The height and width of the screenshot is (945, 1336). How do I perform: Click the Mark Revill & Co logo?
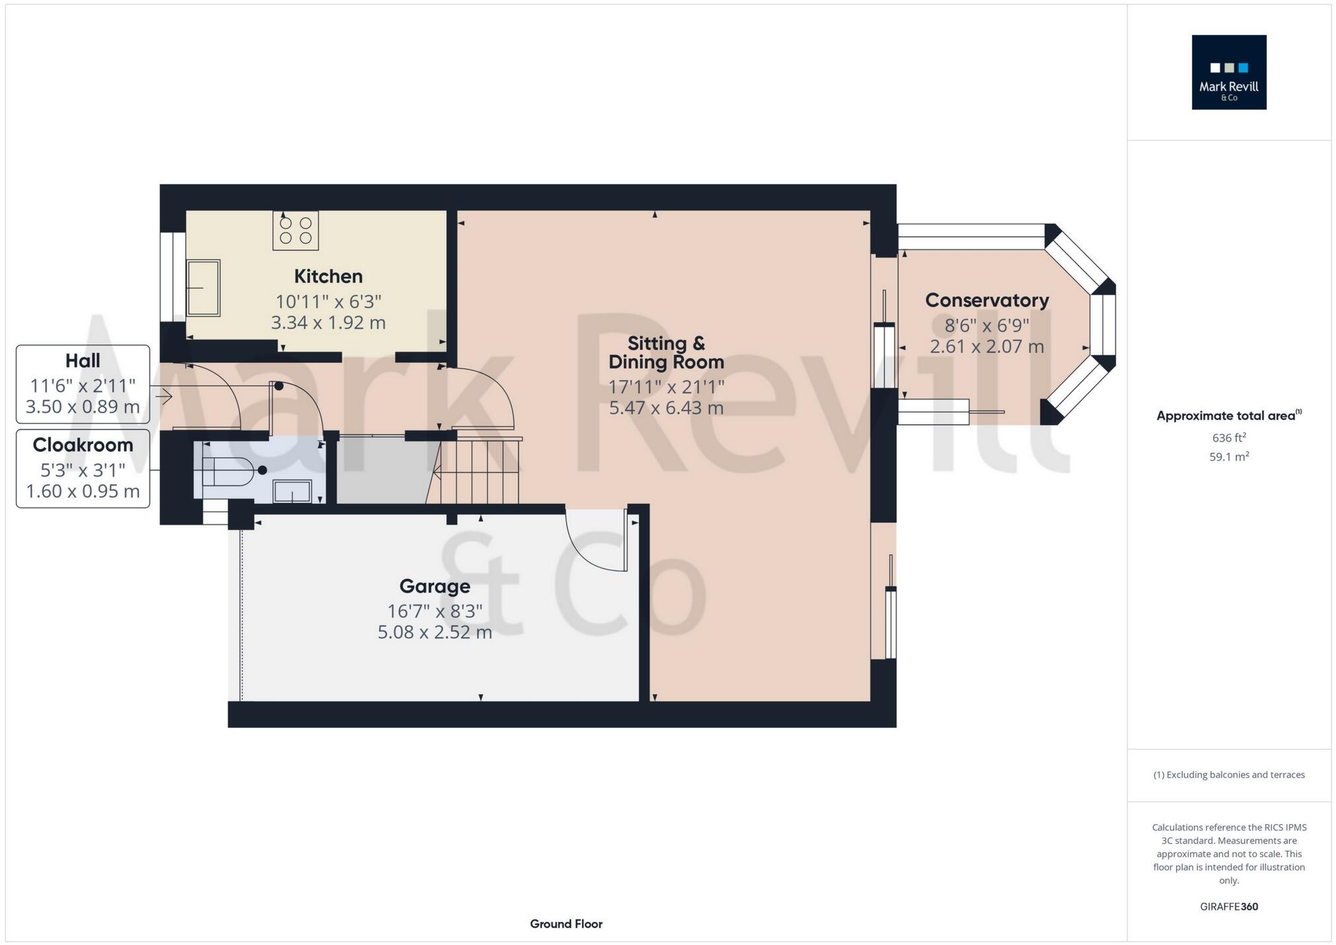(x=1228, y=72)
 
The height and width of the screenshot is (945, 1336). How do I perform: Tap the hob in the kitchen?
(x=296, y=230)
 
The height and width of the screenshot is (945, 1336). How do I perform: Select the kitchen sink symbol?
(x=203, y=288)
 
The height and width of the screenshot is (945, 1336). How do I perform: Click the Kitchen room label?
(x=328, y=276)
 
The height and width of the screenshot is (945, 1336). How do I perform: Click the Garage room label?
(x=434, y=586)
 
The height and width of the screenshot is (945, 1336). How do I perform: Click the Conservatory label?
(x=987, y=300)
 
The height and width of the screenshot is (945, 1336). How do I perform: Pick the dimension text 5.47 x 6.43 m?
(x=666, y=408)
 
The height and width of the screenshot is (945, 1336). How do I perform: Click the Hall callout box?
(x=83, y=383)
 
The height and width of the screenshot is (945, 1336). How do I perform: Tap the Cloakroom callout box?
(x=83, y=468)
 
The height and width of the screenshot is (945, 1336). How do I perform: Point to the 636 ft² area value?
(x=1228, y=438)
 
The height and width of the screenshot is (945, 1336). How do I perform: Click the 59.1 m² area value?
(x=1228, y=457)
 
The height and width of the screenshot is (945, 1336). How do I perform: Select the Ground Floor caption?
(x=566, y=924)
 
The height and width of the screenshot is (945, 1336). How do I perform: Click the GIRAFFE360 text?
(x=1228, y=907)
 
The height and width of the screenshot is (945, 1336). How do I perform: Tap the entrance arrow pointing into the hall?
(x=164, y=396)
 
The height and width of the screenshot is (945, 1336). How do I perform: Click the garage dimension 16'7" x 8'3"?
(x=434, y=611)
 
